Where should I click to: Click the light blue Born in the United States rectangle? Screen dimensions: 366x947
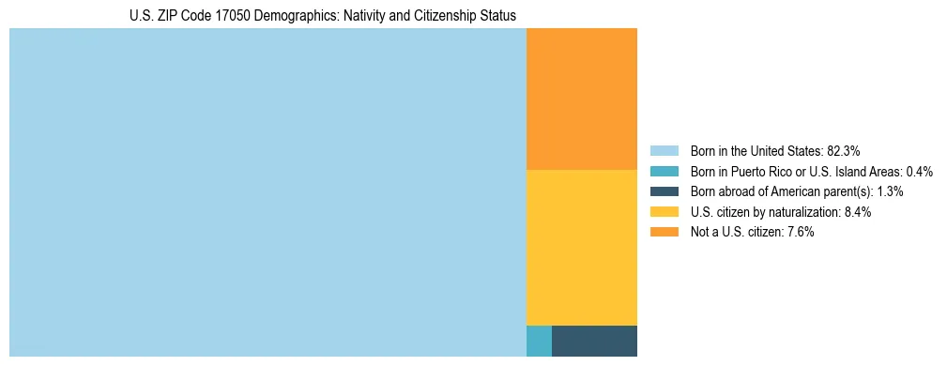(x=267, y=192)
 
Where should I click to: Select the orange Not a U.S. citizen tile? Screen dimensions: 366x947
(x=582, y=99)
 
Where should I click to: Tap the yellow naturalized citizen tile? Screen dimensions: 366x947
(x=582, y=247)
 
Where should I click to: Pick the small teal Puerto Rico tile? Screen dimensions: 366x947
(x=539, y=341)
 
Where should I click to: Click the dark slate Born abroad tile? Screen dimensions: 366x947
(x=594, y=341)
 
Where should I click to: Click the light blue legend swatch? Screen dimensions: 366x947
(x=664, y=150)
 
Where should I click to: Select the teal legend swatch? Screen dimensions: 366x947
(x=664, y=171)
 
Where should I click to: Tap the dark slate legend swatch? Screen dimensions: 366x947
(x=664, y=191)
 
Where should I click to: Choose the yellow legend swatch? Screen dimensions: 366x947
(x=664, y=212)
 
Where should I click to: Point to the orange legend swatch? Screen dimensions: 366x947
(x=664, y=232)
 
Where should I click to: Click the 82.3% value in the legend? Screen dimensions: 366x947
(x=844, y=150)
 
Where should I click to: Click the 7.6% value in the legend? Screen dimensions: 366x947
(x=799, y=232)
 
